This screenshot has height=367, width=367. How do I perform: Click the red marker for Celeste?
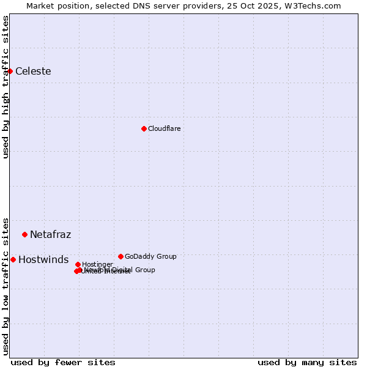tap(10, 71)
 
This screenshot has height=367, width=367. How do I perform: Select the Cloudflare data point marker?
tap(144, 128)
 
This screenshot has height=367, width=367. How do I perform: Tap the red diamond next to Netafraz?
tap(24, 234)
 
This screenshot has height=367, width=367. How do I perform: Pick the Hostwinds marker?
tap(13, 259)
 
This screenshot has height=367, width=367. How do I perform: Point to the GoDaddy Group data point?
tap(120, 256)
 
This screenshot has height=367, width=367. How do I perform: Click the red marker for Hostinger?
tap(78, 264)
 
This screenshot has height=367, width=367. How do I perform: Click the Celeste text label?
tap(33, 71)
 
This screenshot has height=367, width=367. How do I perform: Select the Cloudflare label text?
tap(164, 128)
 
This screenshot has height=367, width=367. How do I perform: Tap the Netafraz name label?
tap(50, 234)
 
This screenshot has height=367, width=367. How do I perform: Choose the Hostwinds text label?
tap(43, 259)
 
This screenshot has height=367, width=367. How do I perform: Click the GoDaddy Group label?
tap(150, 256)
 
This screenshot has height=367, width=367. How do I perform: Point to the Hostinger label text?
tap(97, 264)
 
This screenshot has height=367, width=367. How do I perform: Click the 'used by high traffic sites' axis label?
tap(6, 87)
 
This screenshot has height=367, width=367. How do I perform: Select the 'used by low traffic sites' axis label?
tap(6, 286)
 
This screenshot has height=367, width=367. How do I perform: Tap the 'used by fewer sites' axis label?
tap(63, 362)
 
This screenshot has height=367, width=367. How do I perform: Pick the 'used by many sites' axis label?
tap(307, 362)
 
